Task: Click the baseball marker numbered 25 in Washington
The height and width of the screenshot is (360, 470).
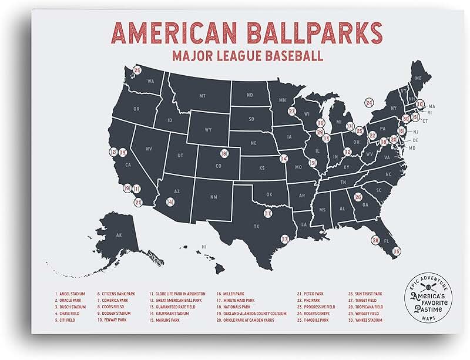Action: coord(137,70)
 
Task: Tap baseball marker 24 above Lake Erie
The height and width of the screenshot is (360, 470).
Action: coord(369,102)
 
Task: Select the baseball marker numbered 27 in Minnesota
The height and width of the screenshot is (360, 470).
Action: coord(291,111)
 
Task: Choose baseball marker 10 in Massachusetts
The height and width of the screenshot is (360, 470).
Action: coord(419,103)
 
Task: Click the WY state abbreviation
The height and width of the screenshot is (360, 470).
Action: coord(208,129)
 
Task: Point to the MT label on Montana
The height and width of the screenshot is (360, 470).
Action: coord(202,95)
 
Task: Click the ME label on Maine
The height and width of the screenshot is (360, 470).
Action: coord(419,78)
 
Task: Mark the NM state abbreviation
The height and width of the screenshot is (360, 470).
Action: coord(213,197)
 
